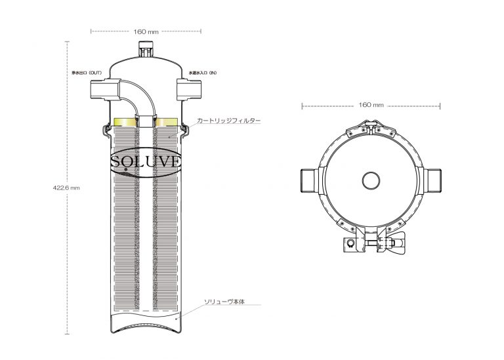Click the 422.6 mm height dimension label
pyautogui.click(x=66, y=188)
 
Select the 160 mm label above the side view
pyautogui.click(x=145, y=30)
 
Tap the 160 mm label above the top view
pyautogui.click(x=371, y=105)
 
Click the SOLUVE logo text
pyautogui.click(x=145, y=161)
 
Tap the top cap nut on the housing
pyautogui.click(x=145, y=49)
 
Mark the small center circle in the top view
pyautogui.click(x=371, y=180)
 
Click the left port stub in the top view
pyautogui.click(x=310, y=179)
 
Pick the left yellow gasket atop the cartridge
pyautogui.click(x=124, y=121)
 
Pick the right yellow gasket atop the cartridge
pyautogui.click(x=166, y=121)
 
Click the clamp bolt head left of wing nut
pyautogui.click(x=350, y=245)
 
